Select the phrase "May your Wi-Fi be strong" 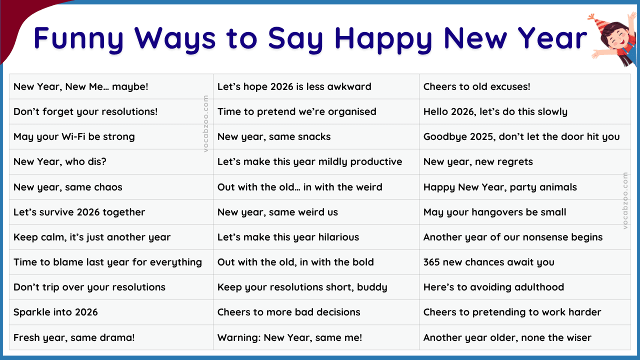[74, 136]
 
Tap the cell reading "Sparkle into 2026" [55, 312]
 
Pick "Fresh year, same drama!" [74, 337]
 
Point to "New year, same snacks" [274, 136]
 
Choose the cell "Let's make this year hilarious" [288, 237]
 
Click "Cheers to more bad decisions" [288, 312]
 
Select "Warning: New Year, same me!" [289, 337]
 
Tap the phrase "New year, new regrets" [478, 161]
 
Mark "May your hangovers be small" [494, 212]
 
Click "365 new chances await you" [488, 262]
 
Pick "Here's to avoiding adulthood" [493, 287]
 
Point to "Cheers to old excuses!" [476, 86]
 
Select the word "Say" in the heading [295, 38]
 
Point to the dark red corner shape [15, 20]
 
